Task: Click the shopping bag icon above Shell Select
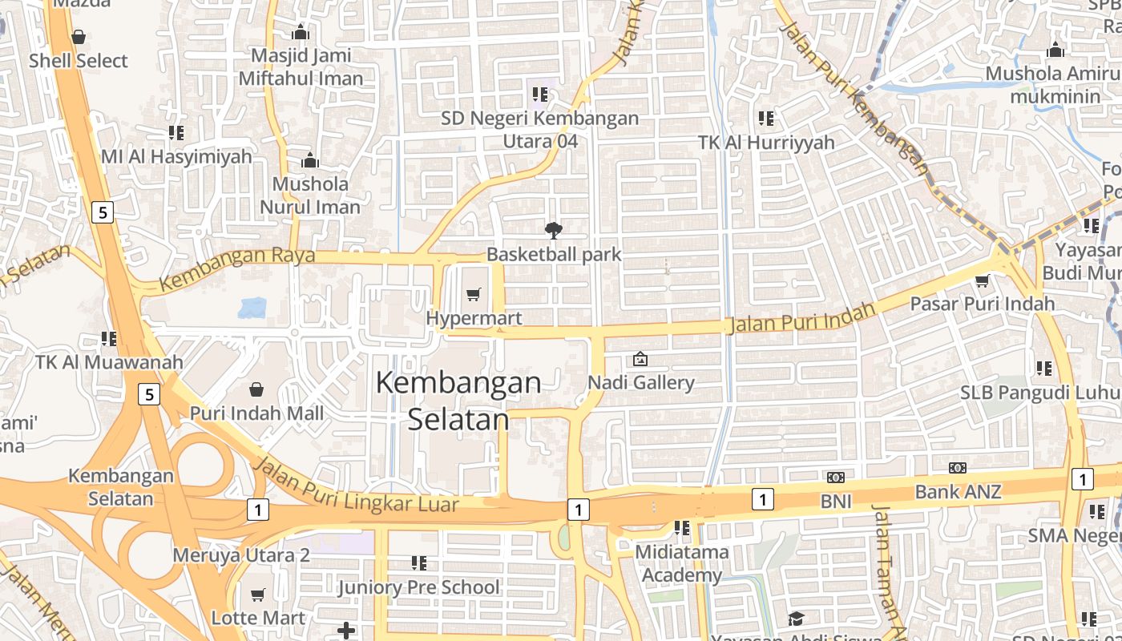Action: click(x=79, y=37)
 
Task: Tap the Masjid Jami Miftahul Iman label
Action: click(x=301, y=67)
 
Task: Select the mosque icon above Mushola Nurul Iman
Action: click(x=310, y=160)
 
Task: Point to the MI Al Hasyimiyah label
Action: click(x=176, y=156)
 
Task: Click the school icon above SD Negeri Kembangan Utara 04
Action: click(x=540, y=95)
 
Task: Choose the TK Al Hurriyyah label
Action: click(x=766, y=143)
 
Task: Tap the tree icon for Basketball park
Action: click(x=553, y=231)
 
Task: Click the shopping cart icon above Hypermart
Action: click(x=474, y=295)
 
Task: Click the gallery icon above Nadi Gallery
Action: click(x=640, y=359)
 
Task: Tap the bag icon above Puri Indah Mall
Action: click(x=256, y=389)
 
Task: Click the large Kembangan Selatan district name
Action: click(x=458, y=401)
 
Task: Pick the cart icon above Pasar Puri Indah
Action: click(x=982, y=280)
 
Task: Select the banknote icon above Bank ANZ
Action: click(x=958, y=468)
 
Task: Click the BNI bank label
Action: click(x=835, y=502)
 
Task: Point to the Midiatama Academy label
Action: click(x=682, y=563)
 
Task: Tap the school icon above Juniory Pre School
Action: click(x=418, y=563)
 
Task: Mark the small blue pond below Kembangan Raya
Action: click(x=252, y=308)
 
